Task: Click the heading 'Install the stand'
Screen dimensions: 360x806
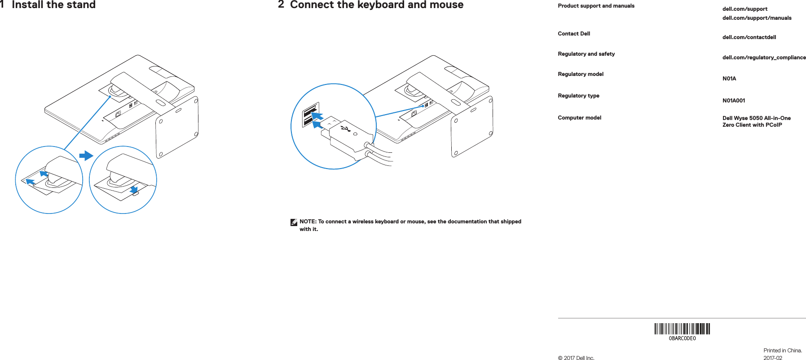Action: point(53,5)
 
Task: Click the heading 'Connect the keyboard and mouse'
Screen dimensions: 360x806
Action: point(376,5)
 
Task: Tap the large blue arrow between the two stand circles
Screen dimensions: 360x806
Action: point(86,156)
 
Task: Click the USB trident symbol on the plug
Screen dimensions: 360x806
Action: point(346,129)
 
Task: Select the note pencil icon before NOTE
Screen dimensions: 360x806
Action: point(294,222)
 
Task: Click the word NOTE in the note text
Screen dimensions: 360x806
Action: point(308,222)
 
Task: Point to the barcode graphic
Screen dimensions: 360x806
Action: point(682,329)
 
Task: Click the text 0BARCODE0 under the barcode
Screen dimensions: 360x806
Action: point(682,338)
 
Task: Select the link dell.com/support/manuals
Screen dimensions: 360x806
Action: point(757,18)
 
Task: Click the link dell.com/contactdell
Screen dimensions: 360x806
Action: point(749,37)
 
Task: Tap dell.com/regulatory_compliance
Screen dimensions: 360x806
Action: point(764,58)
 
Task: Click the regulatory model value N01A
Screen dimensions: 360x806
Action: point(729,79)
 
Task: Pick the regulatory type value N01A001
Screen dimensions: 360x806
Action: point(733,101)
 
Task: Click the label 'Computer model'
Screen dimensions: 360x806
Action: point(579,118)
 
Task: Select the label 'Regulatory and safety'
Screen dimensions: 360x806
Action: point(586,54)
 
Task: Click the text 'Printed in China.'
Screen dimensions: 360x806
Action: point(782,351)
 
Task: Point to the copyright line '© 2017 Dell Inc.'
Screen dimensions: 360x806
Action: point(576,358)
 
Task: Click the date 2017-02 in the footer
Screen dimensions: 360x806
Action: point(772,358)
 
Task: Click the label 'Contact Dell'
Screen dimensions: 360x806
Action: point(573,34)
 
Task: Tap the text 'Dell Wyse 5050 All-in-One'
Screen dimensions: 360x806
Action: point(756,118)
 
